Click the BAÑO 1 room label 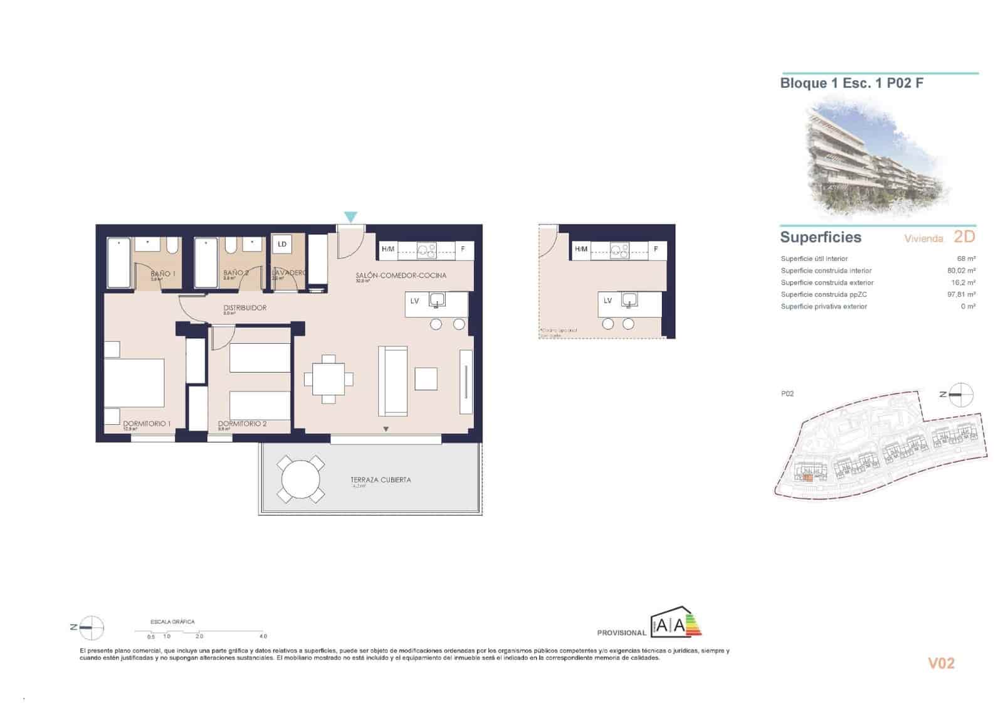point(163,274)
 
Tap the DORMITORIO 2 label point(242,424)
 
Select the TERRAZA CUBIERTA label point(381,479)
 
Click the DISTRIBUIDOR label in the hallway point(245,307)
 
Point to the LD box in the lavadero point(282,244)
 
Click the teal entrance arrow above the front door point(350,217)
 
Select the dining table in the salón point(328,379)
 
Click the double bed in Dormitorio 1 point(134,383)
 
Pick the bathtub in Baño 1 point(119,263)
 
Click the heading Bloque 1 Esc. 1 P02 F point(851,83)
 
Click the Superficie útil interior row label point(814,259)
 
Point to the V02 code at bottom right point(940,663)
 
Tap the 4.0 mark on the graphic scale point(263,636)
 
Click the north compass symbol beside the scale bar point(92,627)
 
